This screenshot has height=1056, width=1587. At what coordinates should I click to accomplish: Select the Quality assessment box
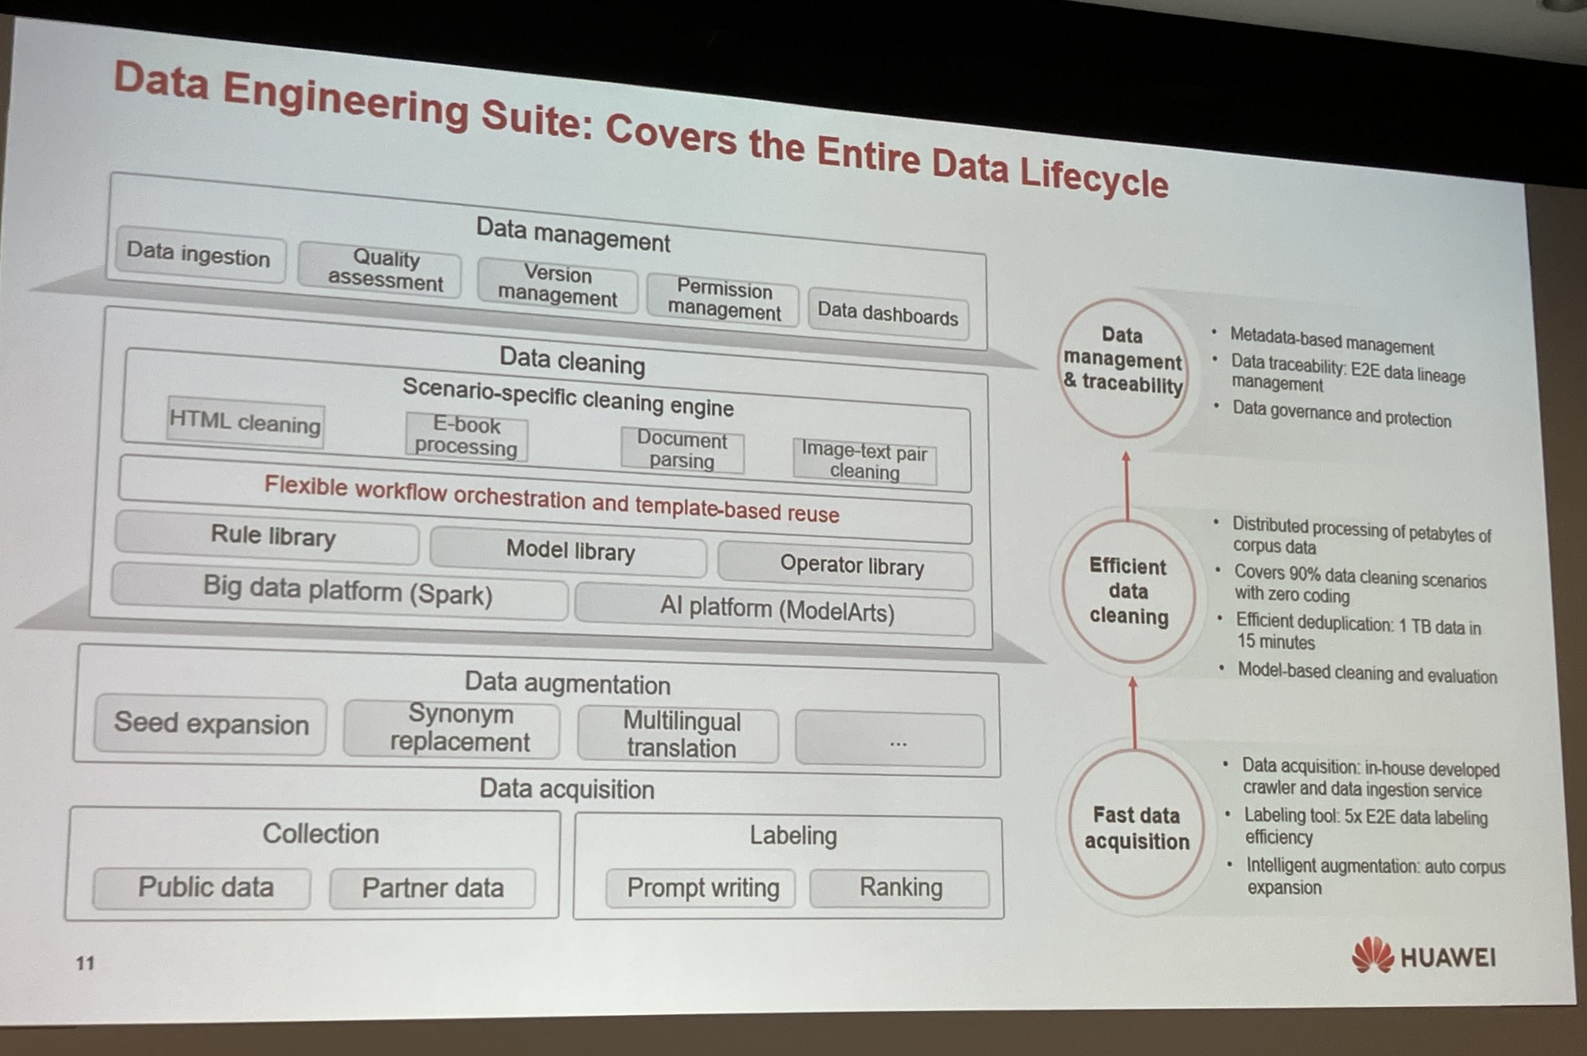(380, 270)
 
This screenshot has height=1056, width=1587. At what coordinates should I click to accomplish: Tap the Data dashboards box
(888, 314)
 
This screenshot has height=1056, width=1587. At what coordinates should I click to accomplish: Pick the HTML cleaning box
(245, 422)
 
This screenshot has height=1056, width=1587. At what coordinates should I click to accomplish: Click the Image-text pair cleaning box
(865, 461)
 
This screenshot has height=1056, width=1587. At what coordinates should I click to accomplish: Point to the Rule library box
(267, 537)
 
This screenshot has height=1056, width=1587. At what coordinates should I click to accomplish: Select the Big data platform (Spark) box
(340, 592)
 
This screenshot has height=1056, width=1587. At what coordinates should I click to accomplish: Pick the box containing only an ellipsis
(890, 740)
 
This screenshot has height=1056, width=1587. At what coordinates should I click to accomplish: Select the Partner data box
(433, 889)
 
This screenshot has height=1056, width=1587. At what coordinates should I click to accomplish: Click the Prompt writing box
(701, 889)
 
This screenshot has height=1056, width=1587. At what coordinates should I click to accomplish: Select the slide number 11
(85, 963)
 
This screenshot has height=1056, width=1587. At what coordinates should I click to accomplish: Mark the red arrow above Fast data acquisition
(1134, 713)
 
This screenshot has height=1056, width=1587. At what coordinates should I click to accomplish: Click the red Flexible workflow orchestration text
(550, 499)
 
